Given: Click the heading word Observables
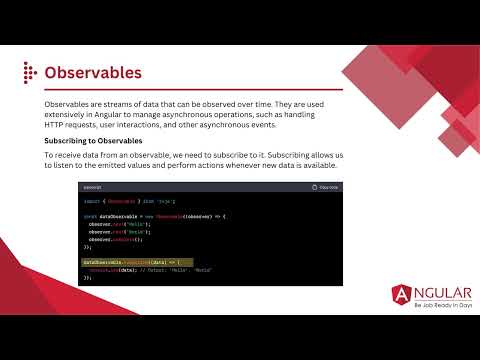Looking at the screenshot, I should [93, 73].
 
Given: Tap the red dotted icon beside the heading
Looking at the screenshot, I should [29, 73].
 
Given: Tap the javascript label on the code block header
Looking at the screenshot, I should [93, 187].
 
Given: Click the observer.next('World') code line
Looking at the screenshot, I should [117, 232].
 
